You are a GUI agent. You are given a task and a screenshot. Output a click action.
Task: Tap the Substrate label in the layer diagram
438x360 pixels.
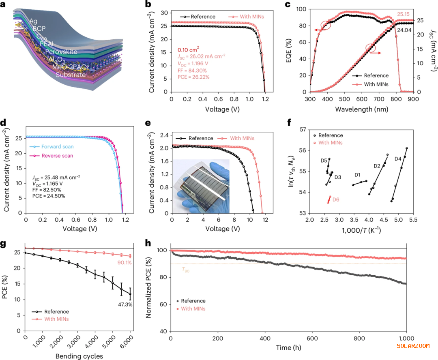(71, 75)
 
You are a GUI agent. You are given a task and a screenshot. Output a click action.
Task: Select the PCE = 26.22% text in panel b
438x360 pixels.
(193, 77)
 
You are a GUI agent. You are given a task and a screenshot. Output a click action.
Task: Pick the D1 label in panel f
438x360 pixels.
(357, 175)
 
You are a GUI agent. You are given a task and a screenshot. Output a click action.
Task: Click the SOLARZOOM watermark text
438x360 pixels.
(413, 346)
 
